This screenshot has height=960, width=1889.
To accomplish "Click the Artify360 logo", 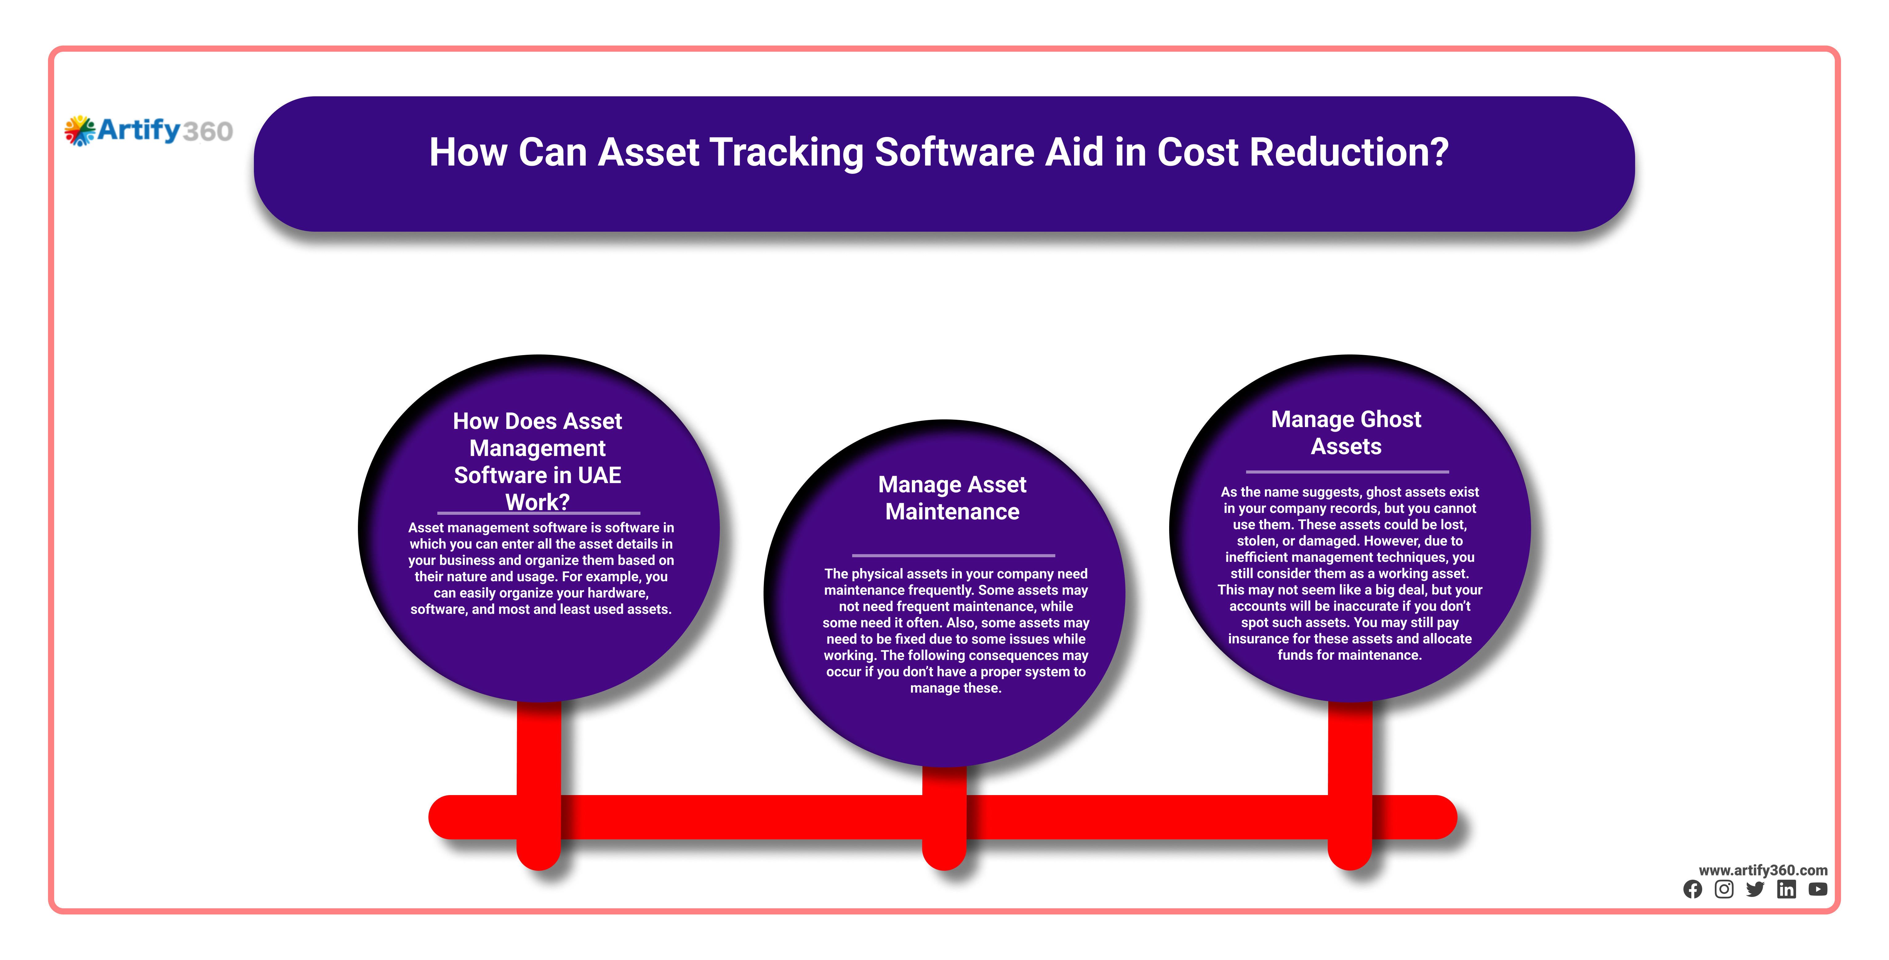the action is click(149, 130).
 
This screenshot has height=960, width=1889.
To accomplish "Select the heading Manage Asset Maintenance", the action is click(952, 498).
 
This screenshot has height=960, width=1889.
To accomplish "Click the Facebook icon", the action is click(1692, 890).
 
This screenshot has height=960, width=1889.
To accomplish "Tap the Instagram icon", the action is click(1724, 890).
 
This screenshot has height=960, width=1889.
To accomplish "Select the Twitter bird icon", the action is click(1755, 890).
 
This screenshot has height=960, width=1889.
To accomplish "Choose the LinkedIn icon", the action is click(1786, 890).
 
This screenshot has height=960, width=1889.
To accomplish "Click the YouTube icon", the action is click(1818, 890).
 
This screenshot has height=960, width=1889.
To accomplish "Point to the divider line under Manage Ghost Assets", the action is click(1347, 472).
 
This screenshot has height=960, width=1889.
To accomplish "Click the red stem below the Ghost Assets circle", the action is click(1350, 785).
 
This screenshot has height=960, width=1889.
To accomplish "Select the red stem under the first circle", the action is click(539, 785).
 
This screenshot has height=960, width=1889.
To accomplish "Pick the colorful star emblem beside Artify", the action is click(80, 130).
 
